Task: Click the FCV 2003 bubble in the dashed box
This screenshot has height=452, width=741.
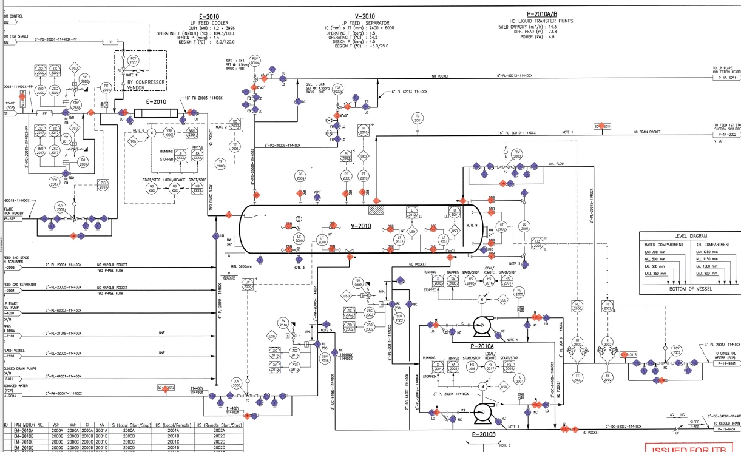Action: (134, 59)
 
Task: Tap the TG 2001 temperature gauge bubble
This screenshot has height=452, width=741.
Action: (417, 118)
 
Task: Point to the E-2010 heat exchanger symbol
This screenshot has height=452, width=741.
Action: (158, 113)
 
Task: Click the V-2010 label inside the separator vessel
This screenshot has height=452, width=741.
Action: (360, 226)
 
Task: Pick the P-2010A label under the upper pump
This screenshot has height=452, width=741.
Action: (484, 346)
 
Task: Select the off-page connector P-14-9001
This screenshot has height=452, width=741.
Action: (728, 364)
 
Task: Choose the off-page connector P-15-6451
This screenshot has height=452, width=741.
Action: (728, 428)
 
